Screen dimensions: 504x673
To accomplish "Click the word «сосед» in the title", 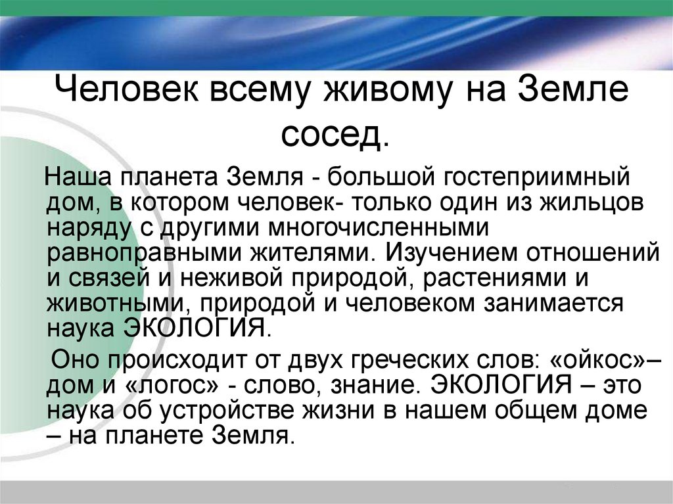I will pyautogui.click(x=332, y=134).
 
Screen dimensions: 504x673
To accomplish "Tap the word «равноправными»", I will pyautogui.click(x=141, y=252).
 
